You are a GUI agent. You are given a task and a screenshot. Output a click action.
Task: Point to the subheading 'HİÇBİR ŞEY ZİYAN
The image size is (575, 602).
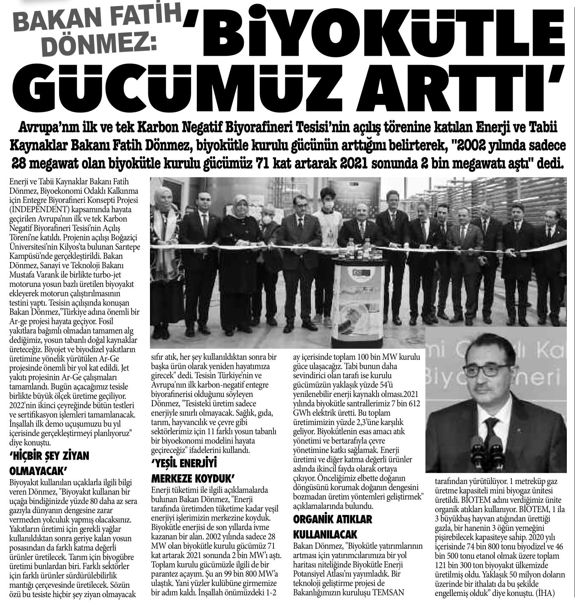coord(49,456)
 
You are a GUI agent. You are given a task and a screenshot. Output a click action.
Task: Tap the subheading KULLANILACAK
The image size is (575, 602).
coord(325,534)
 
